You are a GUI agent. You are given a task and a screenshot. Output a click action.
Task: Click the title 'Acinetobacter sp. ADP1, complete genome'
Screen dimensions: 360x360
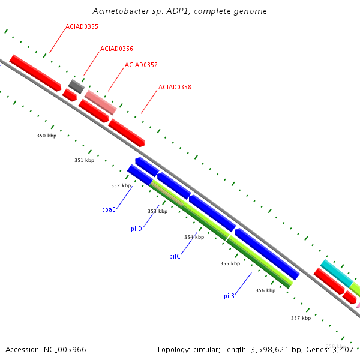click(x=180, y=11)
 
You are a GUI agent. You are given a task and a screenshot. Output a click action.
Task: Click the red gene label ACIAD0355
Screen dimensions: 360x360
click(x=82, y=27)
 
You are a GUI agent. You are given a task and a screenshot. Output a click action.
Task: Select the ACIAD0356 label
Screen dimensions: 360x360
click(x=116, y=49)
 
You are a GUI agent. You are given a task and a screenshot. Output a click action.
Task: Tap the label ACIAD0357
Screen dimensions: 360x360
click(x=141, y=65)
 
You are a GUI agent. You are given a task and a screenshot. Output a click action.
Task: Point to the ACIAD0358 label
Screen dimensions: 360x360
click(x=175, y=87)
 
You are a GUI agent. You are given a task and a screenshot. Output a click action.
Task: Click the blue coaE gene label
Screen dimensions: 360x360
click(x=109, y=209)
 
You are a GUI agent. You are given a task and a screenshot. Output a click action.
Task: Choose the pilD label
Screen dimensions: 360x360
click(x=136, y=229)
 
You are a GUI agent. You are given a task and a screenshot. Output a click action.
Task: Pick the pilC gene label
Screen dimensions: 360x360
click(x=175, y=256)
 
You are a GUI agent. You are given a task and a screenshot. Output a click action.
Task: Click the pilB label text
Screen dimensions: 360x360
click(x=229, y=296)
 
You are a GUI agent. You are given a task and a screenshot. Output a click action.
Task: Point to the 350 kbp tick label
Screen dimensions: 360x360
click(x=46, y=136)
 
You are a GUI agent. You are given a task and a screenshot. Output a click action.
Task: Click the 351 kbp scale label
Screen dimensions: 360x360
click(x=84, y=160)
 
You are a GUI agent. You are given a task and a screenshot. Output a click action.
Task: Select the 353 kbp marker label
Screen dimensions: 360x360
click(x=157, y=211)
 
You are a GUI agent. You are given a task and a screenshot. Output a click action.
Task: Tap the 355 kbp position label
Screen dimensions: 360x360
click(x=230, y=263)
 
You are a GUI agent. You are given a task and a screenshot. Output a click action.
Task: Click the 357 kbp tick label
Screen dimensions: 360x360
click(x=301, y=318)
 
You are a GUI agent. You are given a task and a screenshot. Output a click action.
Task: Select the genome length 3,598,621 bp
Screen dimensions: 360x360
click(x=271, y=349)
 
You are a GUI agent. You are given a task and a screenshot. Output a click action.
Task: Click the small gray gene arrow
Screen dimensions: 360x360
click(x=76, y=86)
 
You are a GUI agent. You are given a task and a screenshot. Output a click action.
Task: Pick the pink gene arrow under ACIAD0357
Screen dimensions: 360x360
click(x=100, y=102)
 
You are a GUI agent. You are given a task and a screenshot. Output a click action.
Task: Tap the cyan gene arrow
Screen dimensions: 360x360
click(x=337, y=274)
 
